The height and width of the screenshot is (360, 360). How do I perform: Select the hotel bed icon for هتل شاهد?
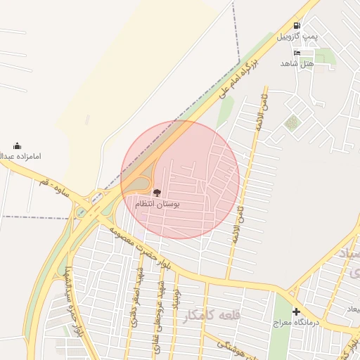point(297,53)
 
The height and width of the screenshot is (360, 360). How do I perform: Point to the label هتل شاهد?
point(296,64)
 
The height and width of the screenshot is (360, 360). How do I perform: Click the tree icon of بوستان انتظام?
point(156,192)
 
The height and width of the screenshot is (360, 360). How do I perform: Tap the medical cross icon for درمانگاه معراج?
point(296,311)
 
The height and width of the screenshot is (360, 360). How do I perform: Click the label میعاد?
point(352,309)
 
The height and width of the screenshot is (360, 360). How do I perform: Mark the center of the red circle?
point(180,179)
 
